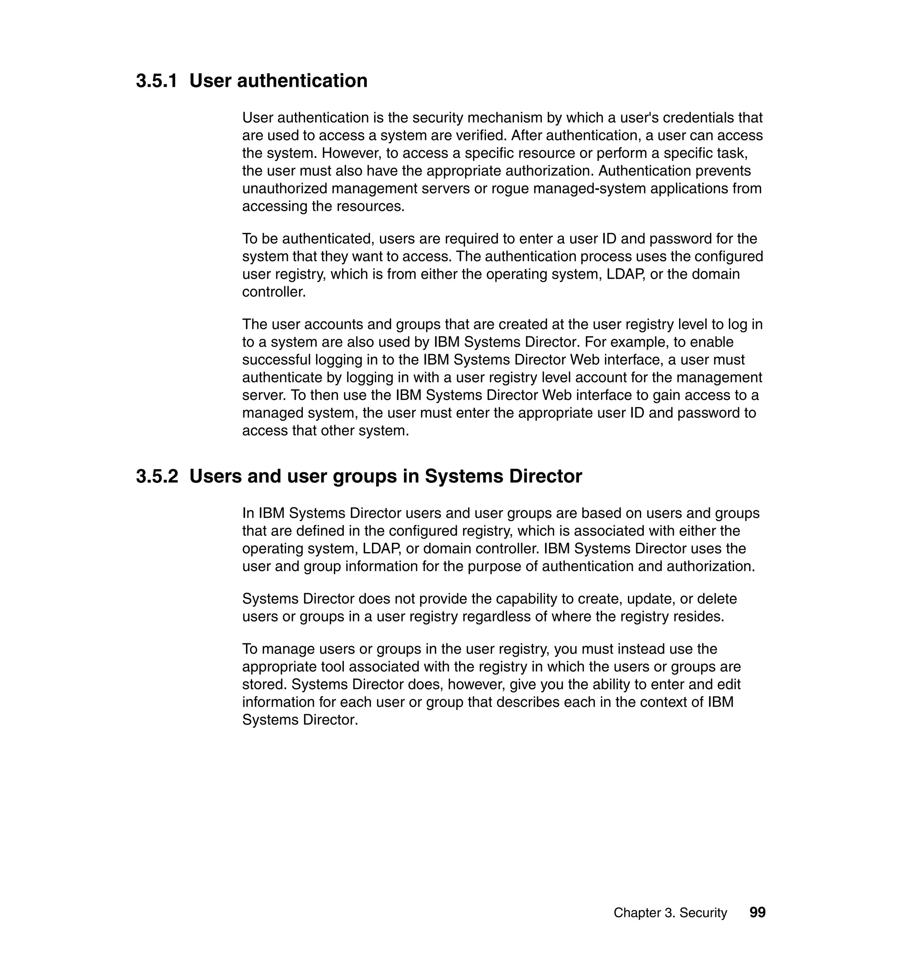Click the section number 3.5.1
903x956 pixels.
[x=157, y=81]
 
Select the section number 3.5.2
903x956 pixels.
[x=157, y=477]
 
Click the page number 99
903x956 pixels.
[x=757, y=912]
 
